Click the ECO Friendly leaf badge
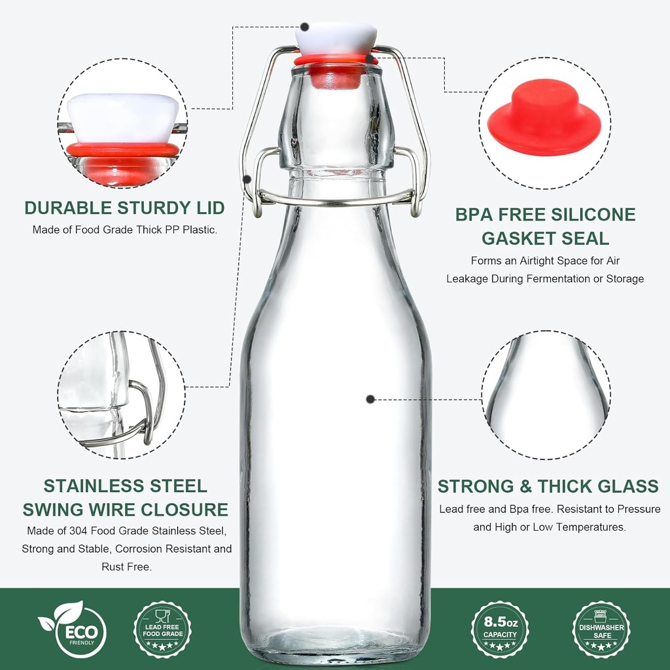click(72, 629)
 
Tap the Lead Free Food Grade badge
click(162, 630)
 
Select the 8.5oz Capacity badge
click(500, 629)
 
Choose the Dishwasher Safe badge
click(601, 630)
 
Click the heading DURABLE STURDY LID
click(124, 208)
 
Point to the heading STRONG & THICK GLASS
click(548, 486)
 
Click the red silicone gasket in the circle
click(544, 118)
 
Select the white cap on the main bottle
click(336, 38)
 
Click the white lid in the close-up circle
click(123, 118)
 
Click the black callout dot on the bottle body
click(370, 398)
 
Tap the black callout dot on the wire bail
click(247, 179)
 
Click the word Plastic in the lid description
click(198, 230)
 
